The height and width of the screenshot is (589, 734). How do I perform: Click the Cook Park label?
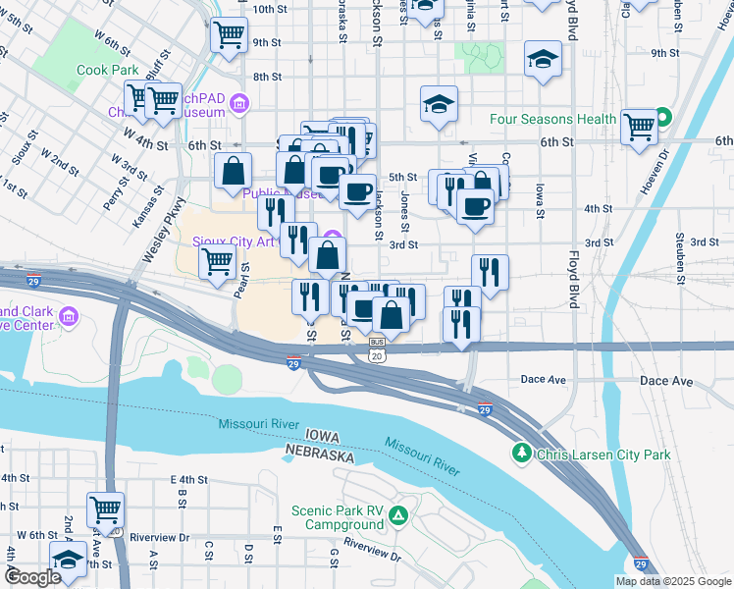pyautogui.click(x=108, y=71)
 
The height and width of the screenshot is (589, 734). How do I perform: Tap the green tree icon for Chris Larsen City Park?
pyautogui.click(x=521, y=453)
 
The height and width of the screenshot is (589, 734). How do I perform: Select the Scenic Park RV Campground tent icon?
pyautogui.click(x=398, y=515)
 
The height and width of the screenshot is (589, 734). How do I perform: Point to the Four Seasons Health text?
pyautogui.click(x=553, y=120)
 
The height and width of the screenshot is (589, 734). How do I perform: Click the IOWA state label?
pyautogui.click(x=322, y=435)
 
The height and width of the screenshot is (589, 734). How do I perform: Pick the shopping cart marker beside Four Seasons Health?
pyautogui.click(x=639, y=125)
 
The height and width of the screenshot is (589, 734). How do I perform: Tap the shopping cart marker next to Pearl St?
pyautogui.click(x=216, y=261)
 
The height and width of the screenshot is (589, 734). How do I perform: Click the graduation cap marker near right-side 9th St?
pyautogui.click(x=543, y=59)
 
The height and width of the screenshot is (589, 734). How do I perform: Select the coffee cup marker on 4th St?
pyautogui.click(x=475, y=207)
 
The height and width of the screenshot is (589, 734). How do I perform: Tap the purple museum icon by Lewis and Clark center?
pyautogui.click(x=69, y=316)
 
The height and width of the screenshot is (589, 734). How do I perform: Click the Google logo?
pyautogui.click(x=31, y=577)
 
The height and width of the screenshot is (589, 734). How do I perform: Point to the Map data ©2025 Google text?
pyautogui.click(x=673, y=581)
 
